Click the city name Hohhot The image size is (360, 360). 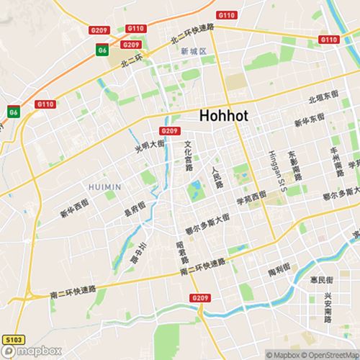point(228,115)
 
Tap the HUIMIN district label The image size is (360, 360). point(104,186)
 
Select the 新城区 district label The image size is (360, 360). point(194,51)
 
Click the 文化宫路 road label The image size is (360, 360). point(188,156)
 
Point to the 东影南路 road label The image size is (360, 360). point(296,165)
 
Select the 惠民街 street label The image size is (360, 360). point(321,279)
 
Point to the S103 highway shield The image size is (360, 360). point(12,338)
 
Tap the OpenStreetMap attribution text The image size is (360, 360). point(332,354)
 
